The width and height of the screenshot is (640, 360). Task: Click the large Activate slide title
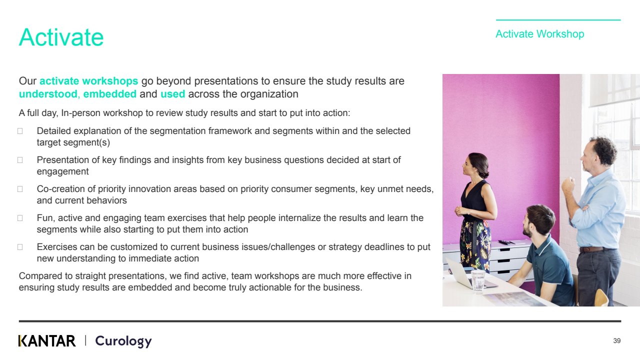click(x=61, y=37)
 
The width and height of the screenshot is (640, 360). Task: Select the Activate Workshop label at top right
click(x=539, y=34)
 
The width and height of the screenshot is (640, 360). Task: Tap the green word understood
click(x=48, y=94)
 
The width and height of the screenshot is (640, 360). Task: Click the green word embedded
click(x=109, y=94)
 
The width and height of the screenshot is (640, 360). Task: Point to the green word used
click(x=173, y=94)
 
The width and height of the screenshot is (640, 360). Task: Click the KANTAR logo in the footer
click(x=47, y=341)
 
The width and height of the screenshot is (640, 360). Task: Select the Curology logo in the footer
click(x=123, y=341)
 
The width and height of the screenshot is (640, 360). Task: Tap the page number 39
click(x=617, y=340)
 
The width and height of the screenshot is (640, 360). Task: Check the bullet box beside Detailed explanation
click(x=20, y=131)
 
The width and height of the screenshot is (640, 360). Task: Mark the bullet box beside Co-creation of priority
click(x=20, y=189)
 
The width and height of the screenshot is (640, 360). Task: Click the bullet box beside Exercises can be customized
click(x=20, y=247)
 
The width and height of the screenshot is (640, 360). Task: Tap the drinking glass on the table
click(x=477, y=280)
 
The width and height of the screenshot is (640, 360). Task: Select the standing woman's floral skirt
click(x=475, y=245)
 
